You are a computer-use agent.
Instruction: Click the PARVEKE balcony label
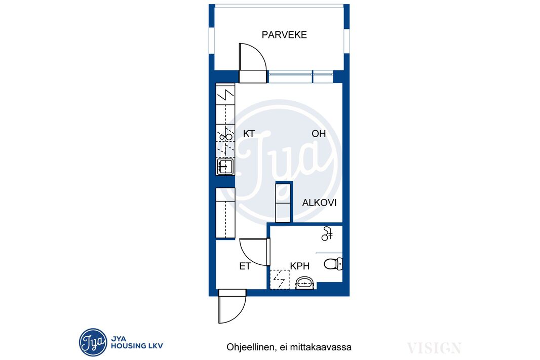tap(284, 35)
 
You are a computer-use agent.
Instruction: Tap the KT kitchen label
tap(249, 134)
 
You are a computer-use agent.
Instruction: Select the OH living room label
tap(319, 134)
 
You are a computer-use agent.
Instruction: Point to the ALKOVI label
tap(319, 203)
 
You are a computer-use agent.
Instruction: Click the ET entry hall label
tap(245, 266)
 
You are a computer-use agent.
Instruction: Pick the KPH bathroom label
tap(299, 266)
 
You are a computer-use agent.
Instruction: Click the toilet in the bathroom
tap(333, 264)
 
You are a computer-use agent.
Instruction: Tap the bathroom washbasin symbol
tap(305, 283)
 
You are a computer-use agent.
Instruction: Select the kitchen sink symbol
tap(225, 167)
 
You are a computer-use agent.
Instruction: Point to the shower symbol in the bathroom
tap(327, 234)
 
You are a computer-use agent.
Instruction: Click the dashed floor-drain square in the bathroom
tap(279, 279)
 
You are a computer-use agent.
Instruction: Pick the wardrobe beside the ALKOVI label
tap(283, 203)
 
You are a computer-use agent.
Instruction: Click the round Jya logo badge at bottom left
tap(93, 342)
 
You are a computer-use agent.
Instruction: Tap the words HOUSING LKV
tap(137, 346)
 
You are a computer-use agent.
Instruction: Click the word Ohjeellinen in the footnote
tap(250, 347)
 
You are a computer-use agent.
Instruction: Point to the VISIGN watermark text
tap(434, 348)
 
